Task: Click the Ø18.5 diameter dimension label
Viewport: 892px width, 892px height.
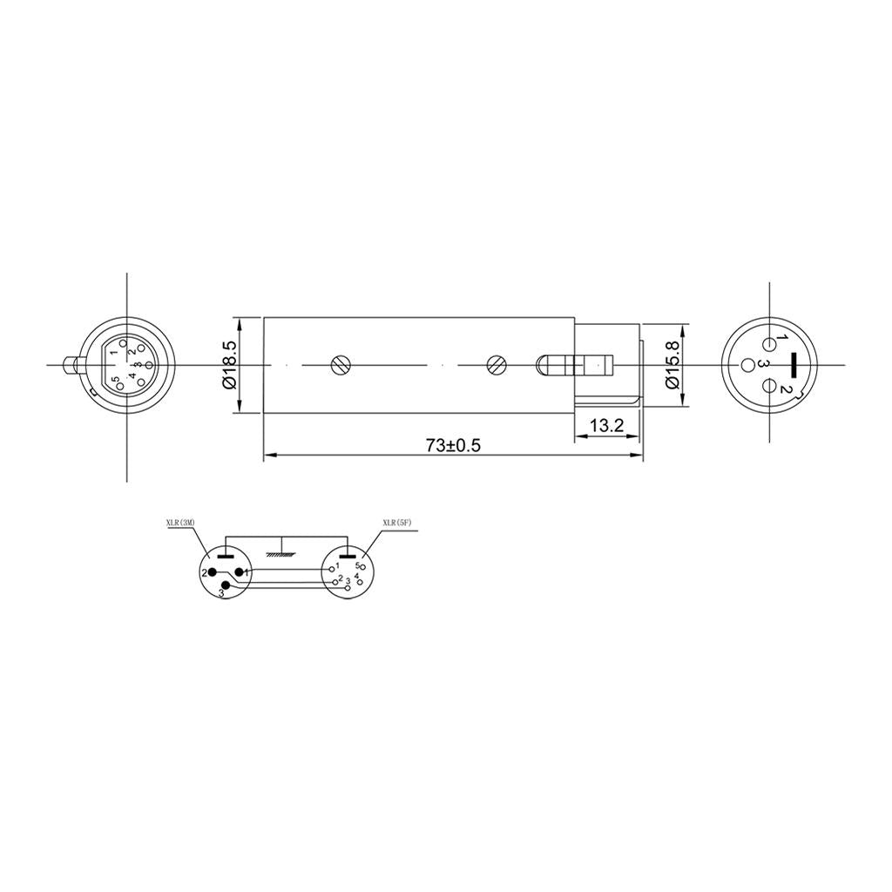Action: [229, 365]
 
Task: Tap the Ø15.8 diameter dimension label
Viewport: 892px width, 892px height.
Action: [672, 365]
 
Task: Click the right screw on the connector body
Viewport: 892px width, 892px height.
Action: [496, 365]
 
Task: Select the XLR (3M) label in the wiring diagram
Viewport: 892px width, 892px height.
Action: [180, 524]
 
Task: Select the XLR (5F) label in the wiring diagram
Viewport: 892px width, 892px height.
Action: [396, 524]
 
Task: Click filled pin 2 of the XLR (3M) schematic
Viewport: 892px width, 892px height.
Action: [212, 572]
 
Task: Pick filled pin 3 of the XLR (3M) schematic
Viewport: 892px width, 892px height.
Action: [226, 585]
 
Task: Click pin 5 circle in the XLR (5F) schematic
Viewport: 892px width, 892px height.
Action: [363, 567]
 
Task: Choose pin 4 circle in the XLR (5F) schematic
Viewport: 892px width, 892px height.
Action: [360, 582]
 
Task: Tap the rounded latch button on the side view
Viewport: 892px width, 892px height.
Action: [549, 365]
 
